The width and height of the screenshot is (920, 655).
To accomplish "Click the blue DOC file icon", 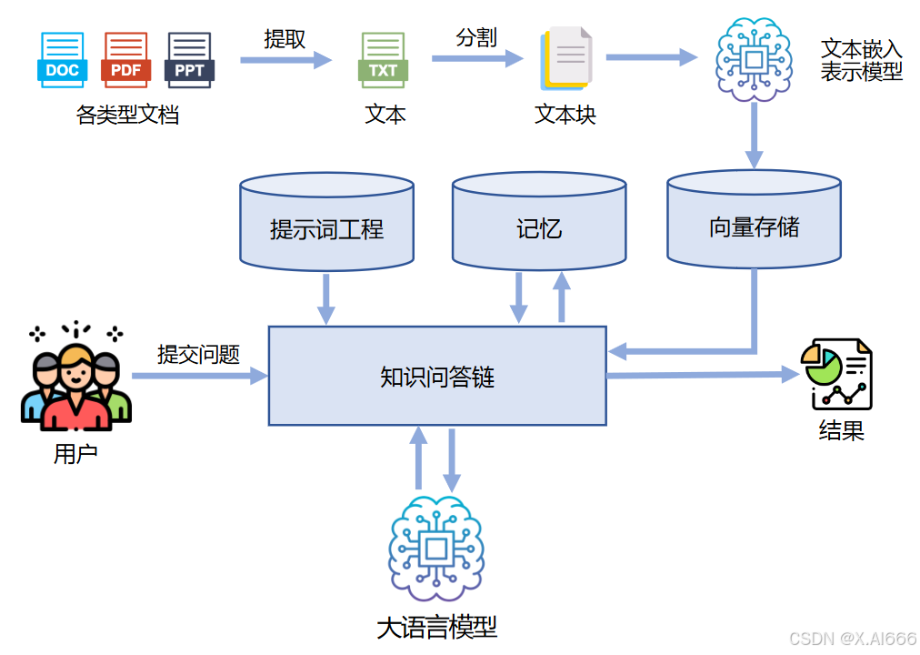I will click(x=63, y=59).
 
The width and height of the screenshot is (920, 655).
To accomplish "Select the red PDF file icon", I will click(x=125, y=59).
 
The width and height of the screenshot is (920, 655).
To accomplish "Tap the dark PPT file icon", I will click(x=189, y=59).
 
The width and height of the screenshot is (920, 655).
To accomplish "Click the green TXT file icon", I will click(x=382, y=60).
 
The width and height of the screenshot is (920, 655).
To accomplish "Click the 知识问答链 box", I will click(x=437, y=376).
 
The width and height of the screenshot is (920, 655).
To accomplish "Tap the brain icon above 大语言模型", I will click(x=436, y=548).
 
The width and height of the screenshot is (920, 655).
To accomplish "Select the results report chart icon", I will click(x=836, y=375).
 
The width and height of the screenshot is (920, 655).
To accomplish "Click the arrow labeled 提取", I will click(x=285, y=60).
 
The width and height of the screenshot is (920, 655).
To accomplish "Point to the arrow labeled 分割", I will click(x=476, y=58).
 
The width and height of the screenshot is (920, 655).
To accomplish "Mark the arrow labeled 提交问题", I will click(x=199, y=375).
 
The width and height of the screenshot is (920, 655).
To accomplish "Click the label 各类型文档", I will click(x=127, y=115).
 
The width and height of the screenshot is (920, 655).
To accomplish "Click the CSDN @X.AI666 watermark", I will click(x=852, y=639).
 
